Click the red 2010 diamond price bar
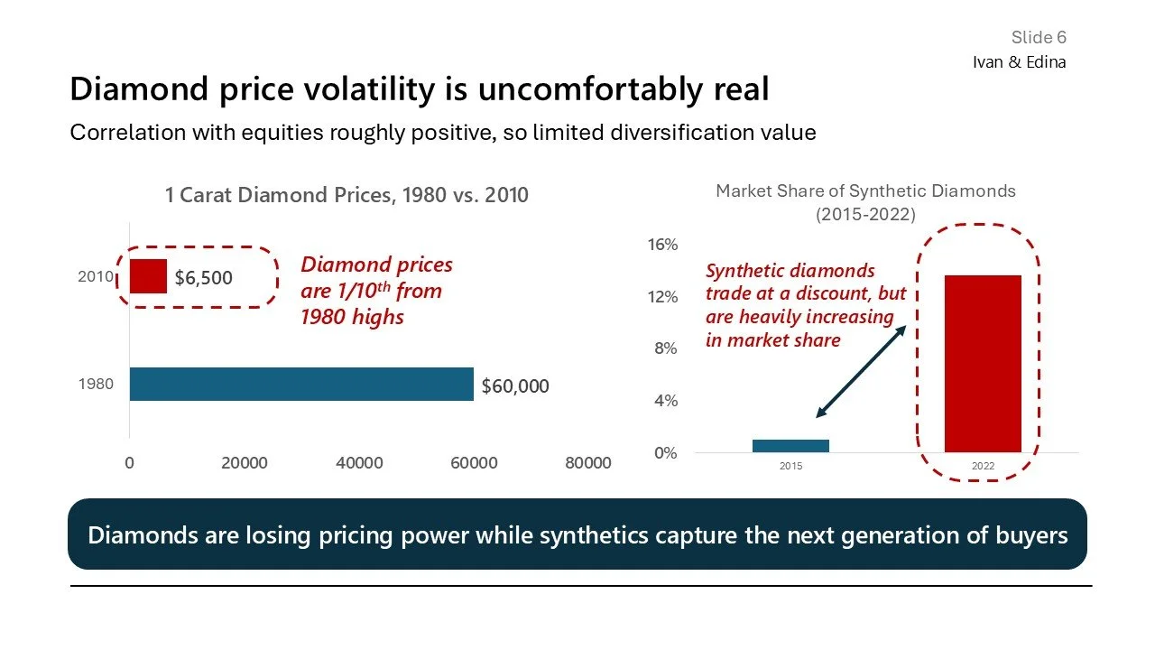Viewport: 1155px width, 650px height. (148, 276)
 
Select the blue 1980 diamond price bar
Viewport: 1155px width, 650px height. (301, 384)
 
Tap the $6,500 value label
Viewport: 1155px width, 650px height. (203, 278)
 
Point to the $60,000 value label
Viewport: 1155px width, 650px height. (515, 386)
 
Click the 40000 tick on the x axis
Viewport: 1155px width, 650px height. (359, 463)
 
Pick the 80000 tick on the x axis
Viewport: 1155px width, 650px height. (587, 463)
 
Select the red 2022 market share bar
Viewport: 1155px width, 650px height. (983, 363)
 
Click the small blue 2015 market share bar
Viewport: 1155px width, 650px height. (790, 446)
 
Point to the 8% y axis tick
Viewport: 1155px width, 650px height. (666, 348)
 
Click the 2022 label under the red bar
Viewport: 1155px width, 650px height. (983, 467)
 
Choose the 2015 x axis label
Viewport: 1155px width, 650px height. (790, 467)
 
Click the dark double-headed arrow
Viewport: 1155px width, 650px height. (861, 371)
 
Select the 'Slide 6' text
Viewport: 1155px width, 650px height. (1039, 37)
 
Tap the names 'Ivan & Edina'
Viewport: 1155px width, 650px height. (1019, 62)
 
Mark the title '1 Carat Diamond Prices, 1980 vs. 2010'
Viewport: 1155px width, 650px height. (346, 195)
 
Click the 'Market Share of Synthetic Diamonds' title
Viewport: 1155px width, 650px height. (865, 191)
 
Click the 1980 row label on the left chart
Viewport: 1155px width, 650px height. (96, 385)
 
